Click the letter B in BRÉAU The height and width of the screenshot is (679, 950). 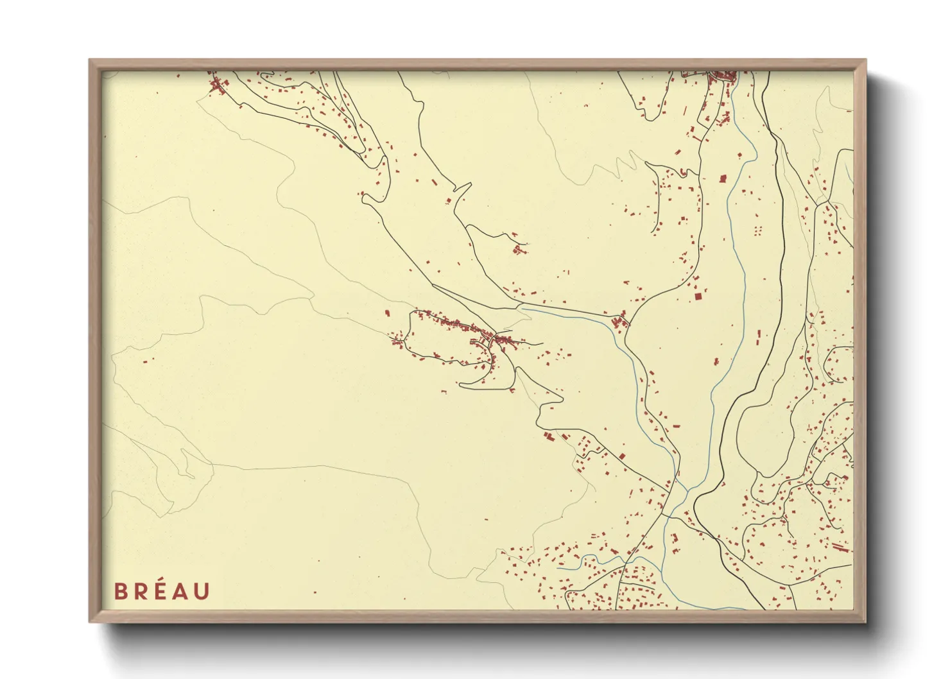pos(120,591)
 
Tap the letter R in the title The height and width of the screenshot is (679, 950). pos(141,591)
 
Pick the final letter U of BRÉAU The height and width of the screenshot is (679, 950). pos(202,591)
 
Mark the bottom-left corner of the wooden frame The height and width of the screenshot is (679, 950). pos(91,621)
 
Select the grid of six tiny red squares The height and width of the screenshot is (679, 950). pos(758,230)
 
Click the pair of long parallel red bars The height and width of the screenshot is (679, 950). pos(840,547)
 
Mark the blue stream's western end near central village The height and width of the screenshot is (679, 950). pos(521,309)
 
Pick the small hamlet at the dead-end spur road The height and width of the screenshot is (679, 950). pos(519,248)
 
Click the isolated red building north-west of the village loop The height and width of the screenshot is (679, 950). pos(387,313)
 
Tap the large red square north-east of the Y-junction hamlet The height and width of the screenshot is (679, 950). pos(698,296)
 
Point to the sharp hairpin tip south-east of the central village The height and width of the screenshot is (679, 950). pos(563,398)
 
